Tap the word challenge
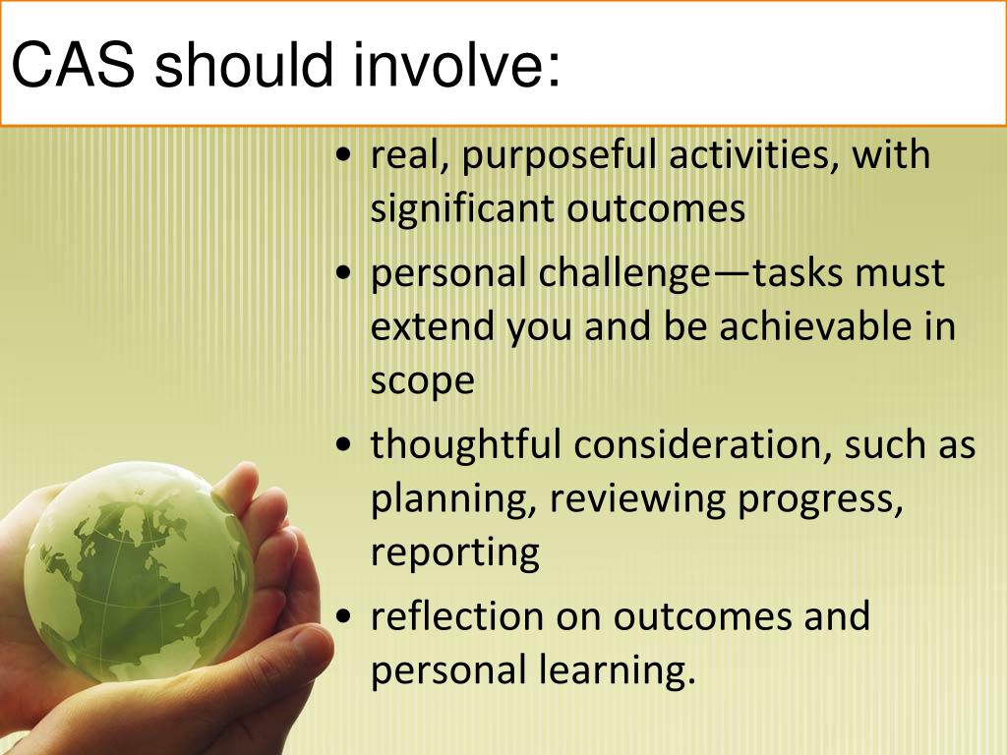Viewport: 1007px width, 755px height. [619, 273]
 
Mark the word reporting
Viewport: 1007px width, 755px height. [454, 553]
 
